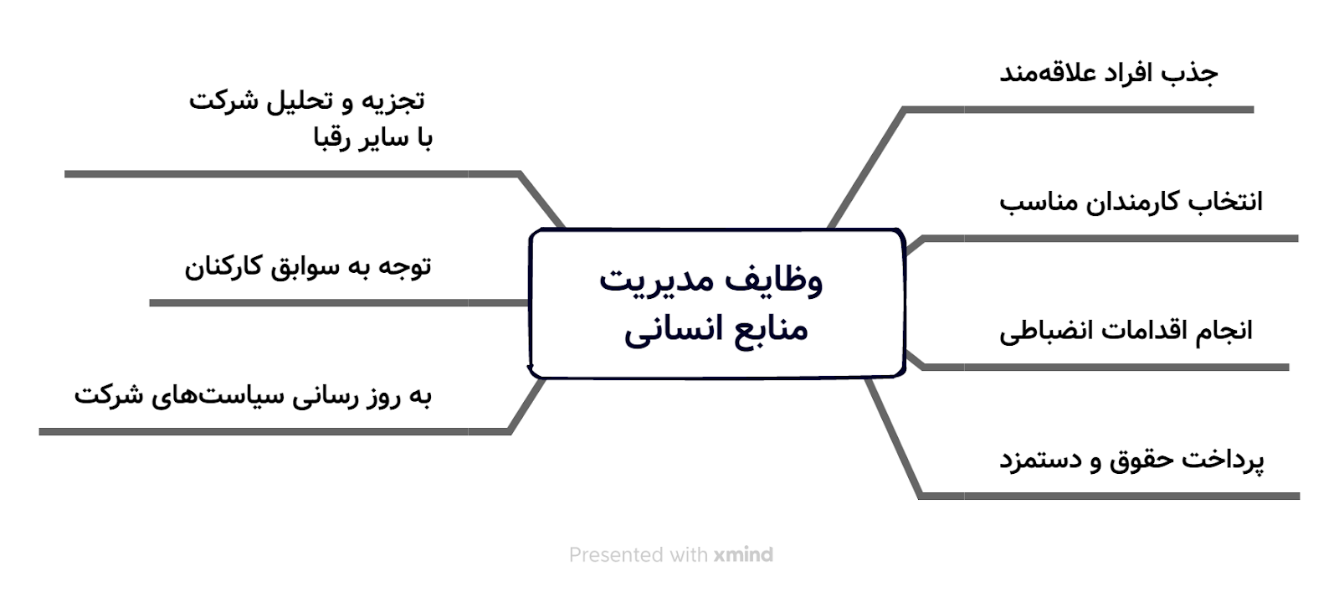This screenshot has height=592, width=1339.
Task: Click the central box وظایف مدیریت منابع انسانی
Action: (716, 303)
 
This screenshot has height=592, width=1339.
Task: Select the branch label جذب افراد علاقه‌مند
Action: (1109, 73)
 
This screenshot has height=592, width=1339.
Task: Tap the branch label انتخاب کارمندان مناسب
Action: (1131, 202)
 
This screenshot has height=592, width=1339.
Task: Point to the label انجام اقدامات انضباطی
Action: (1126, 331)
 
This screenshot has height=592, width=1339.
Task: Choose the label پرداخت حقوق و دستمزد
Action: (1131, 460)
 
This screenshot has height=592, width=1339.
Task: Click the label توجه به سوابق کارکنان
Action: (308, 266)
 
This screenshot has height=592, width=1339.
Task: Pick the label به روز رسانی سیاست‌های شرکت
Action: (253, 395)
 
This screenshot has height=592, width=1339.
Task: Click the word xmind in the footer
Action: (743, 555)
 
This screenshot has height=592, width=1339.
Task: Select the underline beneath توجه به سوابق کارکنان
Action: (339, 302)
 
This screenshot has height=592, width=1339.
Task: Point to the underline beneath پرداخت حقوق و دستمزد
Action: (1109, 496)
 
